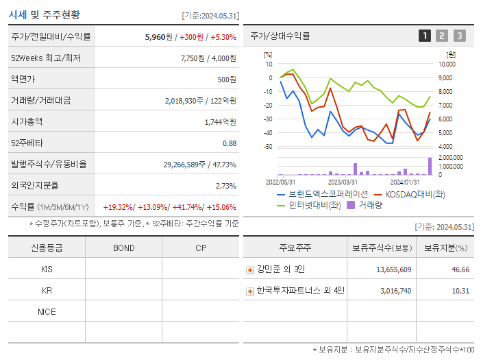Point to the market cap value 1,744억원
(220, 122)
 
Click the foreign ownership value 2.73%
(225, 186)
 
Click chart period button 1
(425, 36)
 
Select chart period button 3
(459, 36)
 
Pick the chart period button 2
(442, 36)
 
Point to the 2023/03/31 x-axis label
(343, 182)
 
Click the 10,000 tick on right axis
(447, 64)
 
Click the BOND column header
(123, 248)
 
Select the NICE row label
(47, 311)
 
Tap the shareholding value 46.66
(460, 269)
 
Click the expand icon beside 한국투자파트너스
(250, 291)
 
